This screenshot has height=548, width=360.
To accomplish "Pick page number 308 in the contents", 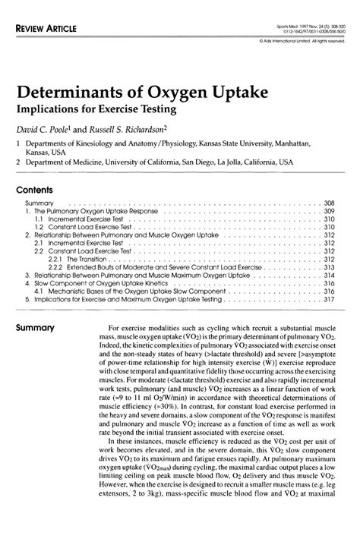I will [x=329, y=204].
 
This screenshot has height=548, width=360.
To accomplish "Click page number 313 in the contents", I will [x=329, y=267].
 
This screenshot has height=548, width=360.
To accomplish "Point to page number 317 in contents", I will [x=329, y=299].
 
